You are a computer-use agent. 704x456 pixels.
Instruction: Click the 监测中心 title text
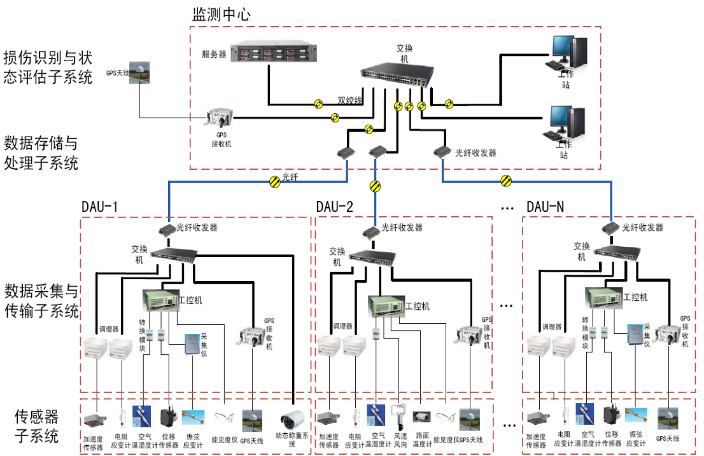pyautogui.click(x=222, y=13)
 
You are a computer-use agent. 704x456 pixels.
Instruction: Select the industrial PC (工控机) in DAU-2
pyautogui.click(x=386, y=306)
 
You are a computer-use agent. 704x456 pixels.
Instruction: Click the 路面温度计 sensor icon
pyautogui.click(x=421, y=417)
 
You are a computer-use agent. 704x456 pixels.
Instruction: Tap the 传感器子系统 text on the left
pyautogui.click(x=36, y=426)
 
